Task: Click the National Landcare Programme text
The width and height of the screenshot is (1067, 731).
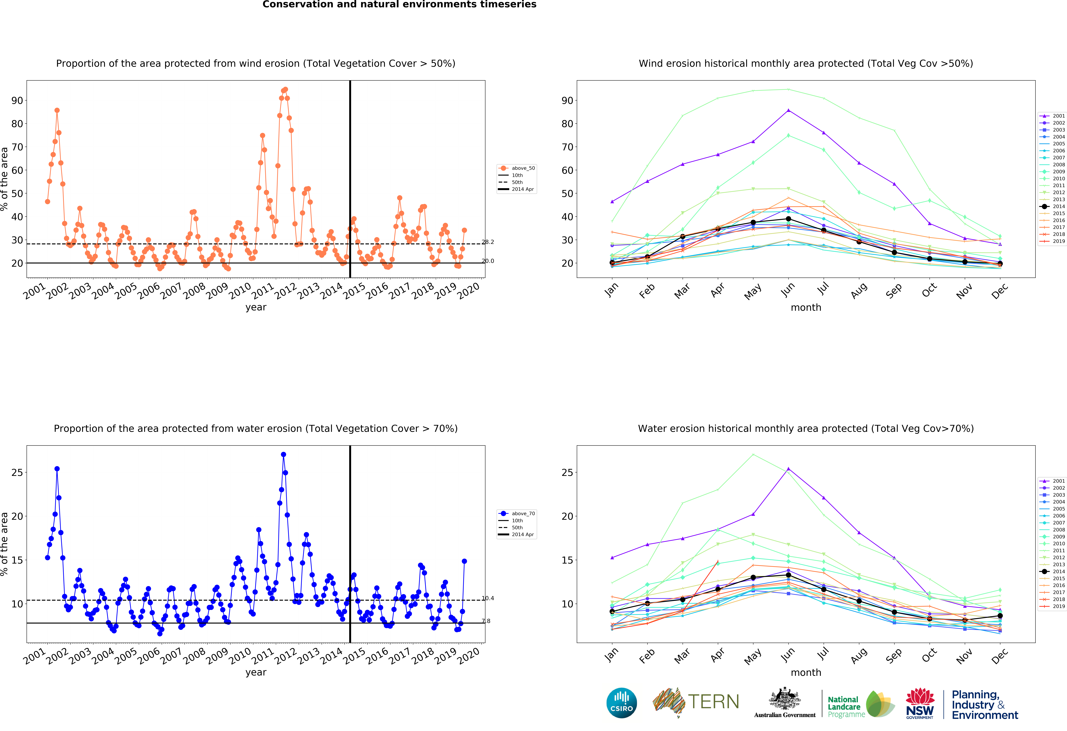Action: [x=844, y=707]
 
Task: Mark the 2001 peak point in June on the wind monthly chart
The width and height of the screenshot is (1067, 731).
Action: [x=788, y=110]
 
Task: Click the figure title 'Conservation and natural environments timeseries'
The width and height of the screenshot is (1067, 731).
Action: [x=399, y=5]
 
